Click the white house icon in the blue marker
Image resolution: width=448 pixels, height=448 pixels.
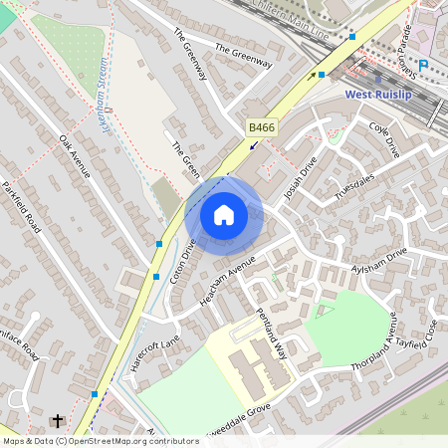(224, 215)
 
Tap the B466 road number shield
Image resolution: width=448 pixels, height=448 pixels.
(261, 126)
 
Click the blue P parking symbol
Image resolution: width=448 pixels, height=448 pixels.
(423, 65)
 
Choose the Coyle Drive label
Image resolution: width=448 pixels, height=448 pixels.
(383, 139)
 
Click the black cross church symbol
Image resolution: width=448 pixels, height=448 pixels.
(57, 421)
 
